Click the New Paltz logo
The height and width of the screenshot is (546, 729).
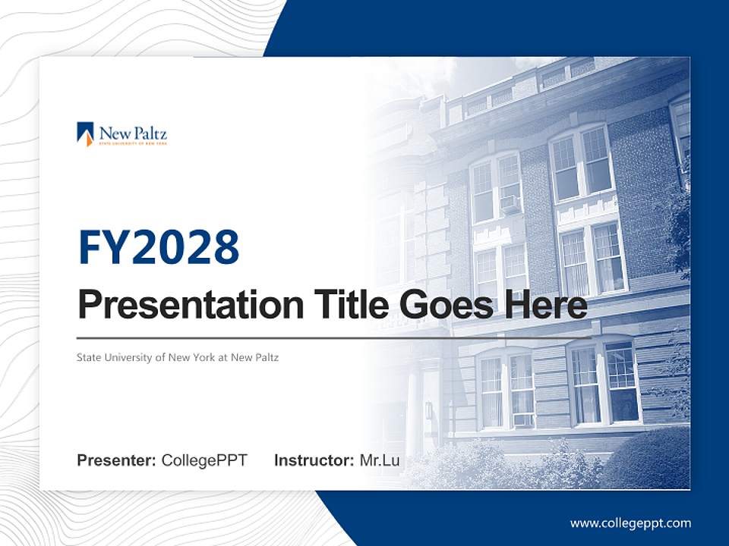tap(121, 134)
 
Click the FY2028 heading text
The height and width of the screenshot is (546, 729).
tap(159, 247)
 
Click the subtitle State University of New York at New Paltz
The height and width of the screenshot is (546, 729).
tap(177, 357)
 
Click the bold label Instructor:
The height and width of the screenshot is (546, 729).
tap(314, 460)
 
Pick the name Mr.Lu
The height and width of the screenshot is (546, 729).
tap(379, 460)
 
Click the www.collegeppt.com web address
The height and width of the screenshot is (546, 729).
tap(630, 523)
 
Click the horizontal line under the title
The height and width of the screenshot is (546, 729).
tap(334, 337)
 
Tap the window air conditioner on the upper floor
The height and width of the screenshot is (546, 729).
tap(510, 203)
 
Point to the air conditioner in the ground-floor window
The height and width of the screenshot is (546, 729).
tap(522, 419)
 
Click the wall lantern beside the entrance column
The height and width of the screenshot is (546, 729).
tap(429, 410)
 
